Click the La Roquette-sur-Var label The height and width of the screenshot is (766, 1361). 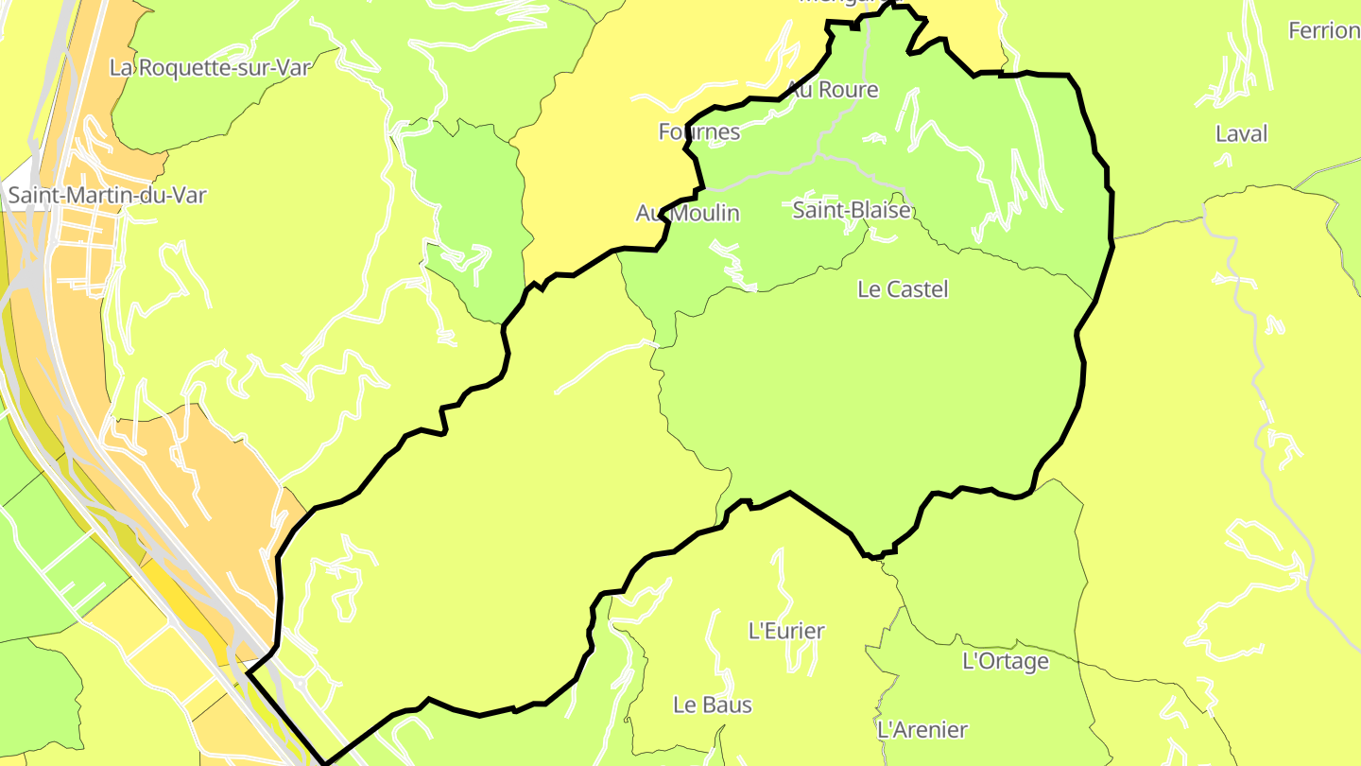point(210,67)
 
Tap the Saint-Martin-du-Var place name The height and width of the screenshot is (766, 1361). point(107,196)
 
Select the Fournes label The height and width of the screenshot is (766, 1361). point(699,131)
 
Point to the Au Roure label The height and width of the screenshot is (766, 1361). point(833,90)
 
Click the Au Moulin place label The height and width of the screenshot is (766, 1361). point(688,214)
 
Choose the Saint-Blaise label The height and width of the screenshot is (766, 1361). point(852,210)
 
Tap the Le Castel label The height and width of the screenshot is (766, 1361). point(903,289)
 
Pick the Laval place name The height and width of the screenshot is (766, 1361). point(1241,134)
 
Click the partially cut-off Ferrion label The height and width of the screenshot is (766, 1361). point(1323,31)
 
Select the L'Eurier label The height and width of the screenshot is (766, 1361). point(786,630)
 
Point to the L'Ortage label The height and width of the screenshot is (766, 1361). point(1006,661)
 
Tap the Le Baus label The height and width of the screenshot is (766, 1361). point(713,705)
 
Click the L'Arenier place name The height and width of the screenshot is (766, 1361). point(922,730)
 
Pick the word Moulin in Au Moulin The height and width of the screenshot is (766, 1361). point(703,214)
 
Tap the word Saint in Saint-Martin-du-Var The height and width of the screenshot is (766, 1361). point(35,196)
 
